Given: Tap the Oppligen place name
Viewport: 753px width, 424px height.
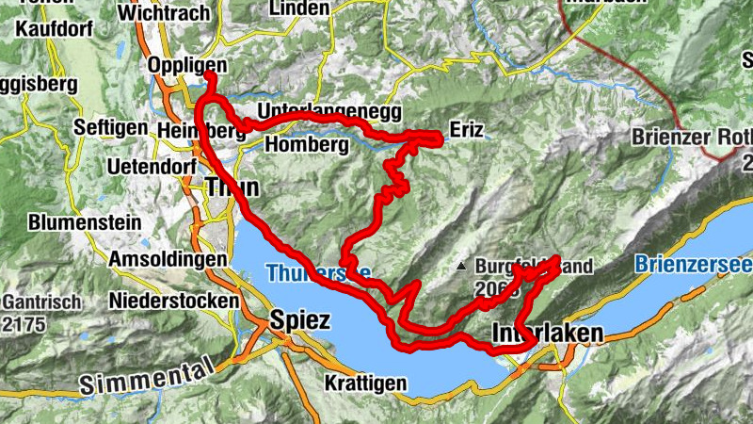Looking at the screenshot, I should point(188,66).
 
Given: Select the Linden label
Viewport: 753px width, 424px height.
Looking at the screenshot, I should point(299,8).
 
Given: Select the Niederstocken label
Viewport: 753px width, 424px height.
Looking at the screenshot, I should point(174,300).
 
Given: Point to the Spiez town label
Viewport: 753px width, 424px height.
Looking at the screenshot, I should point(299,320).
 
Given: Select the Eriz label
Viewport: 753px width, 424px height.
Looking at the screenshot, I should point(468,130).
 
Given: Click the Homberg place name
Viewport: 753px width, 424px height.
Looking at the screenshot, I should point(301,145).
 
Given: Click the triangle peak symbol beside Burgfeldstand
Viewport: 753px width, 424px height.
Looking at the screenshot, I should point(461,267).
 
